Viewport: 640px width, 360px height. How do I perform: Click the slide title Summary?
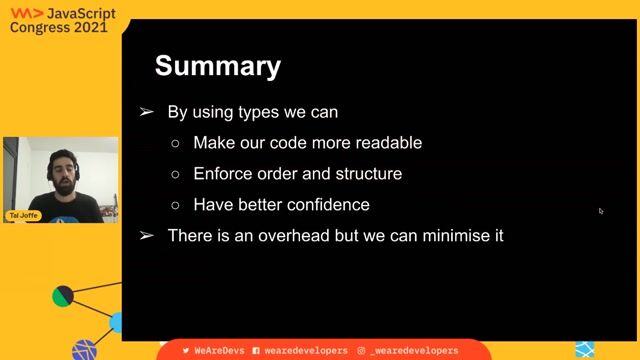217,67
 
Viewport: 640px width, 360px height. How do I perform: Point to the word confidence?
326,205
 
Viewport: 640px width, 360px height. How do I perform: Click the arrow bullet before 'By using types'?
147,112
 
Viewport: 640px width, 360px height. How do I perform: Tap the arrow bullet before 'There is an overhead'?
147,236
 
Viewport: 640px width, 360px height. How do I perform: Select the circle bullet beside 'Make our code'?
175,143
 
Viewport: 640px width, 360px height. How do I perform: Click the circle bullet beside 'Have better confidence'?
175,205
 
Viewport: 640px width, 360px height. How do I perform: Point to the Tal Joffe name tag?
24,215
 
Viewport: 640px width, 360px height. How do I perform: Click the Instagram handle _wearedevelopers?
413,351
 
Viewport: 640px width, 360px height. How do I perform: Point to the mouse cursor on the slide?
601,211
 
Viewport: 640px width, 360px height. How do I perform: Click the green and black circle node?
62,296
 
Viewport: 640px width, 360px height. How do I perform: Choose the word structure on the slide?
368,174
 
